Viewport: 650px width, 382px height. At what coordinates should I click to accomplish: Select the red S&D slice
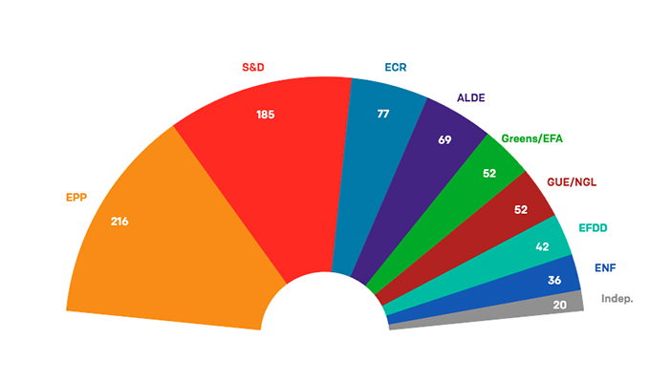258,162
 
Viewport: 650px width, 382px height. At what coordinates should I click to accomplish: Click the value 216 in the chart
119,222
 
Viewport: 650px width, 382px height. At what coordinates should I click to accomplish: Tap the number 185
266,116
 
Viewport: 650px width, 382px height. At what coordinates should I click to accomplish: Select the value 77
383,114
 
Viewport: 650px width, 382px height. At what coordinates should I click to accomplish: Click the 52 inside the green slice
489,174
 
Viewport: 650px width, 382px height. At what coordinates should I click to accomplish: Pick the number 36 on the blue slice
553,281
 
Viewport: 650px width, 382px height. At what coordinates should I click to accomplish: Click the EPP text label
76,198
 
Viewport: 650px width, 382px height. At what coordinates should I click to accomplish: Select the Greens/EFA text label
532,139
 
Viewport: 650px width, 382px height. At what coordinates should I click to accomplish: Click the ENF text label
605,268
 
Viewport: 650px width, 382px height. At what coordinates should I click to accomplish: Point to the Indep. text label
617,299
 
